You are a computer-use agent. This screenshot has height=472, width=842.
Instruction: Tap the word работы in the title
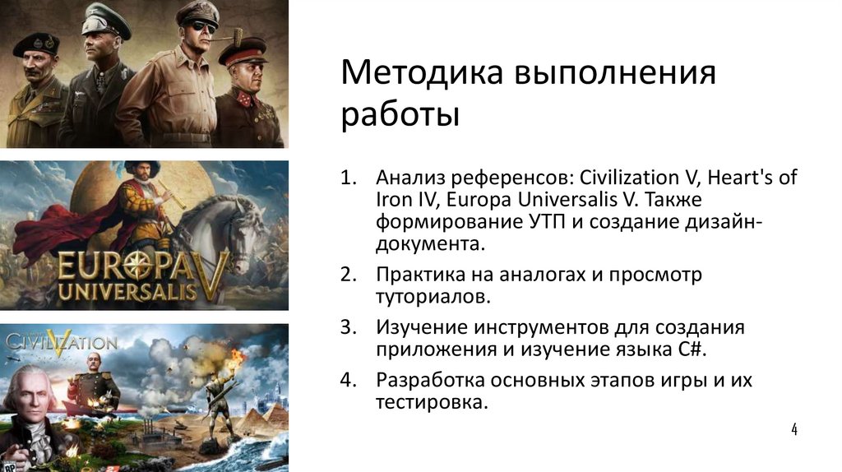pyautogui.click(x=400, y=113)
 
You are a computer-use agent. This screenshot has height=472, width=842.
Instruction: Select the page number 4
pyautogui.click(x=794, y=429)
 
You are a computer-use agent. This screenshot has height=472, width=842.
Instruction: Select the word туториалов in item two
pyautogui.click(x=428, y=295)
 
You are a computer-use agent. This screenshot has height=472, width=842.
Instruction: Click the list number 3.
pyautogui.click(x=349, y=327)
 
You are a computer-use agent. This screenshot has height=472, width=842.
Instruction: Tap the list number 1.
pyautogui.click(x=349, y=178)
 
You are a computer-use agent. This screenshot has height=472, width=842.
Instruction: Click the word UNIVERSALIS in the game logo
pyautogui.click(x=127, y=290)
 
